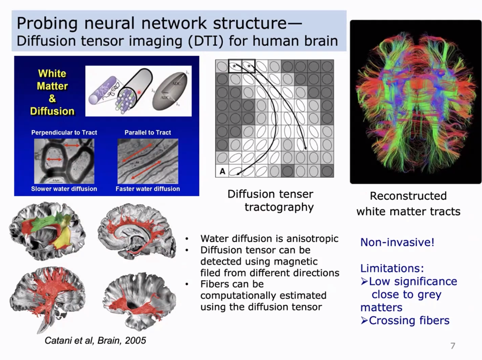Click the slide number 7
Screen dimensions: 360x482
452,346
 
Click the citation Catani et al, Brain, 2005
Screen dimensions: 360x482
95,340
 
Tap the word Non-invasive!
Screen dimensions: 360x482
397,242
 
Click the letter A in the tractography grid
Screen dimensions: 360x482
221,171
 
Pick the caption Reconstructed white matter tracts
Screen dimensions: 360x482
408,204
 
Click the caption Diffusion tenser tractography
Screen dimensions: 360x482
271,200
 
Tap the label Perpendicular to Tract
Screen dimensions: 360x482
64,132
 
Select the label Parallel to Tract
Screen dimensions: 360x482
148,132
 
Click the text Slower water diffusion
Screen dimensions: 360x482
64,189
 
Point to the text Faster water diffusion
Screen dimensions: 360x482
148,189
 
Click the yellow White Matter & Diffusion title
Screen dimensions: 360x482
52,92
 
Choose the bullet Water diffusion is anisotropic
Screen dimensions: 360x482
269,239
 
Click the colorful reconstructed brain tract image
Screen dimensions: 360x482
416,102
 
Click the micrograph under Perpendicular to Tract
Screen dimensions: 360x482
64,160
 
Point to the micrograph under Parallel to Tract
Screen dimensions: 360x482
148,160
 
